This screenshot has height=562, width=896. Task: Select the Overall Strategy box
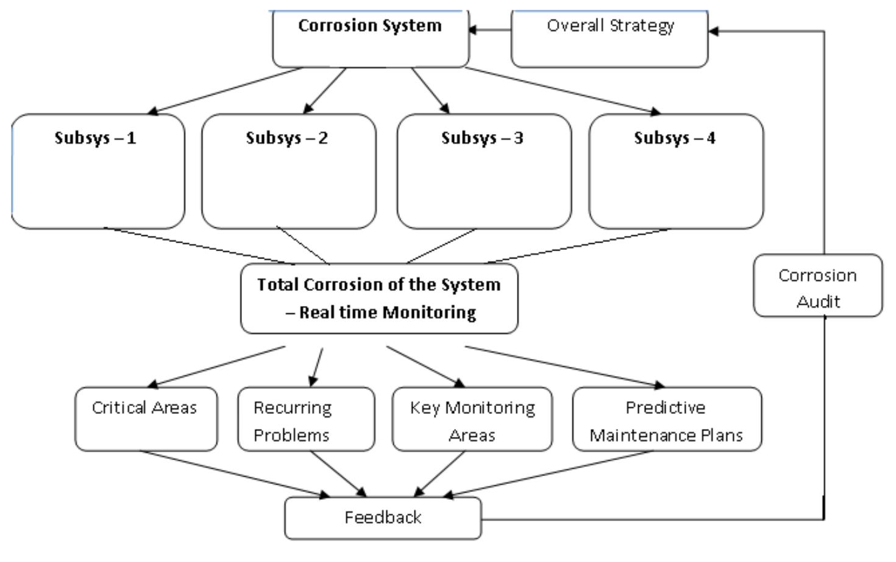pos(610,38)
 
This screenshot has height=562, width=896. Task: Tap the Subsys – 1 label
pos(95,138)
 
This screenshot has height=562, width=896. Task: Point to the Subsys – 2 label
pos(286,138)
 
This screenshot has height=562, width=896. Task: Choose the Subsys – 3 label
pos(482,138)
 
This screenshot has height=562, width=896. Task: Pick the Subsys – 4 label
pos(674,138)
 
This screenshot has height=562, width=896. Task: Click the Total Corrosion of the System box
pos(379,299)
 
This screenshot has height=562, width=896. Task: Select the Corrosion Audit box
pos(817,286)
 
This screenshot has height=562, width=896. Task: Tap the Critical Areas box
pos(146,419)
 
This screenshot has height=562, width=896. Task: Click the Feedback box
pos(383,518)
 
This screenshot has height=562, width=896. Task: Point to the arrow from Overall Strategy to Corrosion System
pos(490,30)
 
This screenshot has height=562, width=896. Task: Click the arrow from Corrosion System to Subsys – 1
pos(226,90)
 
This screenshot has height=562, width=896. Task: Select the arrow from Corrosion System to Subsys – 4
pos(561,90)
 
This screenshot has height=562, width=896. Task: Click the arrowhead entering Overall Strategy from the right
pos(714,31)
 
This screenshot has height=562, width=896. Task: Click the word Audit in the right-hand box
pos(818,302)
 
